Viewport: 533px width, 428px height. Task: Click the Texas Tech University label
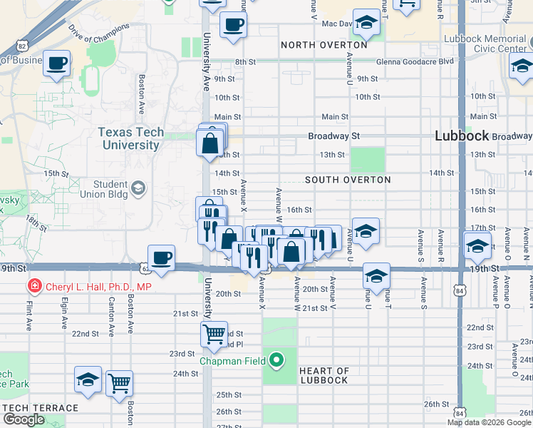click(x=130, y=138)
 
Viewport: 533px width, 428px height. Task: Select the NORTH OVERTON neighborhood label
click(x=324, y=45)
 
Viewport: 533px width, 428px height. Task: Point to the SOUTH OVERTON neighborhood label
click(x=348, y=180)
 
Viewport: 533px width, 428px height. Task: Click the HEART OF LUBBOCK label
click(x=324, y=375)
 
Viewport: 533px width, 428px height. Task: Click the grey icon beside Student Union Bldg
click(x=138, y=188)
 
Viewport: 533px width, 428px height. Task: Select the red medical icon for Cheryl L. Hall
click(x=33, y=287)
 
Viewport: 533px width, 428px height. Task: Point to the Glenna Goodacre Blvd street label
click(x=415, y=62)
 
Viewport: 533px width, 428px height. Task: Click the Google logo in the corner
click(x=24, y=419)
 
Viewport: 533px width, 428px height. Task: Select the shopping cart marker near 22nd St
click(x=214, y=333)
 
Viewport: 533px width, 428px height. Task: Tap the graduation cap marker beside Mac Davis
click(x=366, y=22)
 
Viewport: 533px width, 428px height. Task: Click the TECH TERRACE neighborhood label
click(x=41, y=407)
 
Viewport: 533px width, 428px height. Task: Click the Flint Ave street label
click(x=29, y=315)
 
